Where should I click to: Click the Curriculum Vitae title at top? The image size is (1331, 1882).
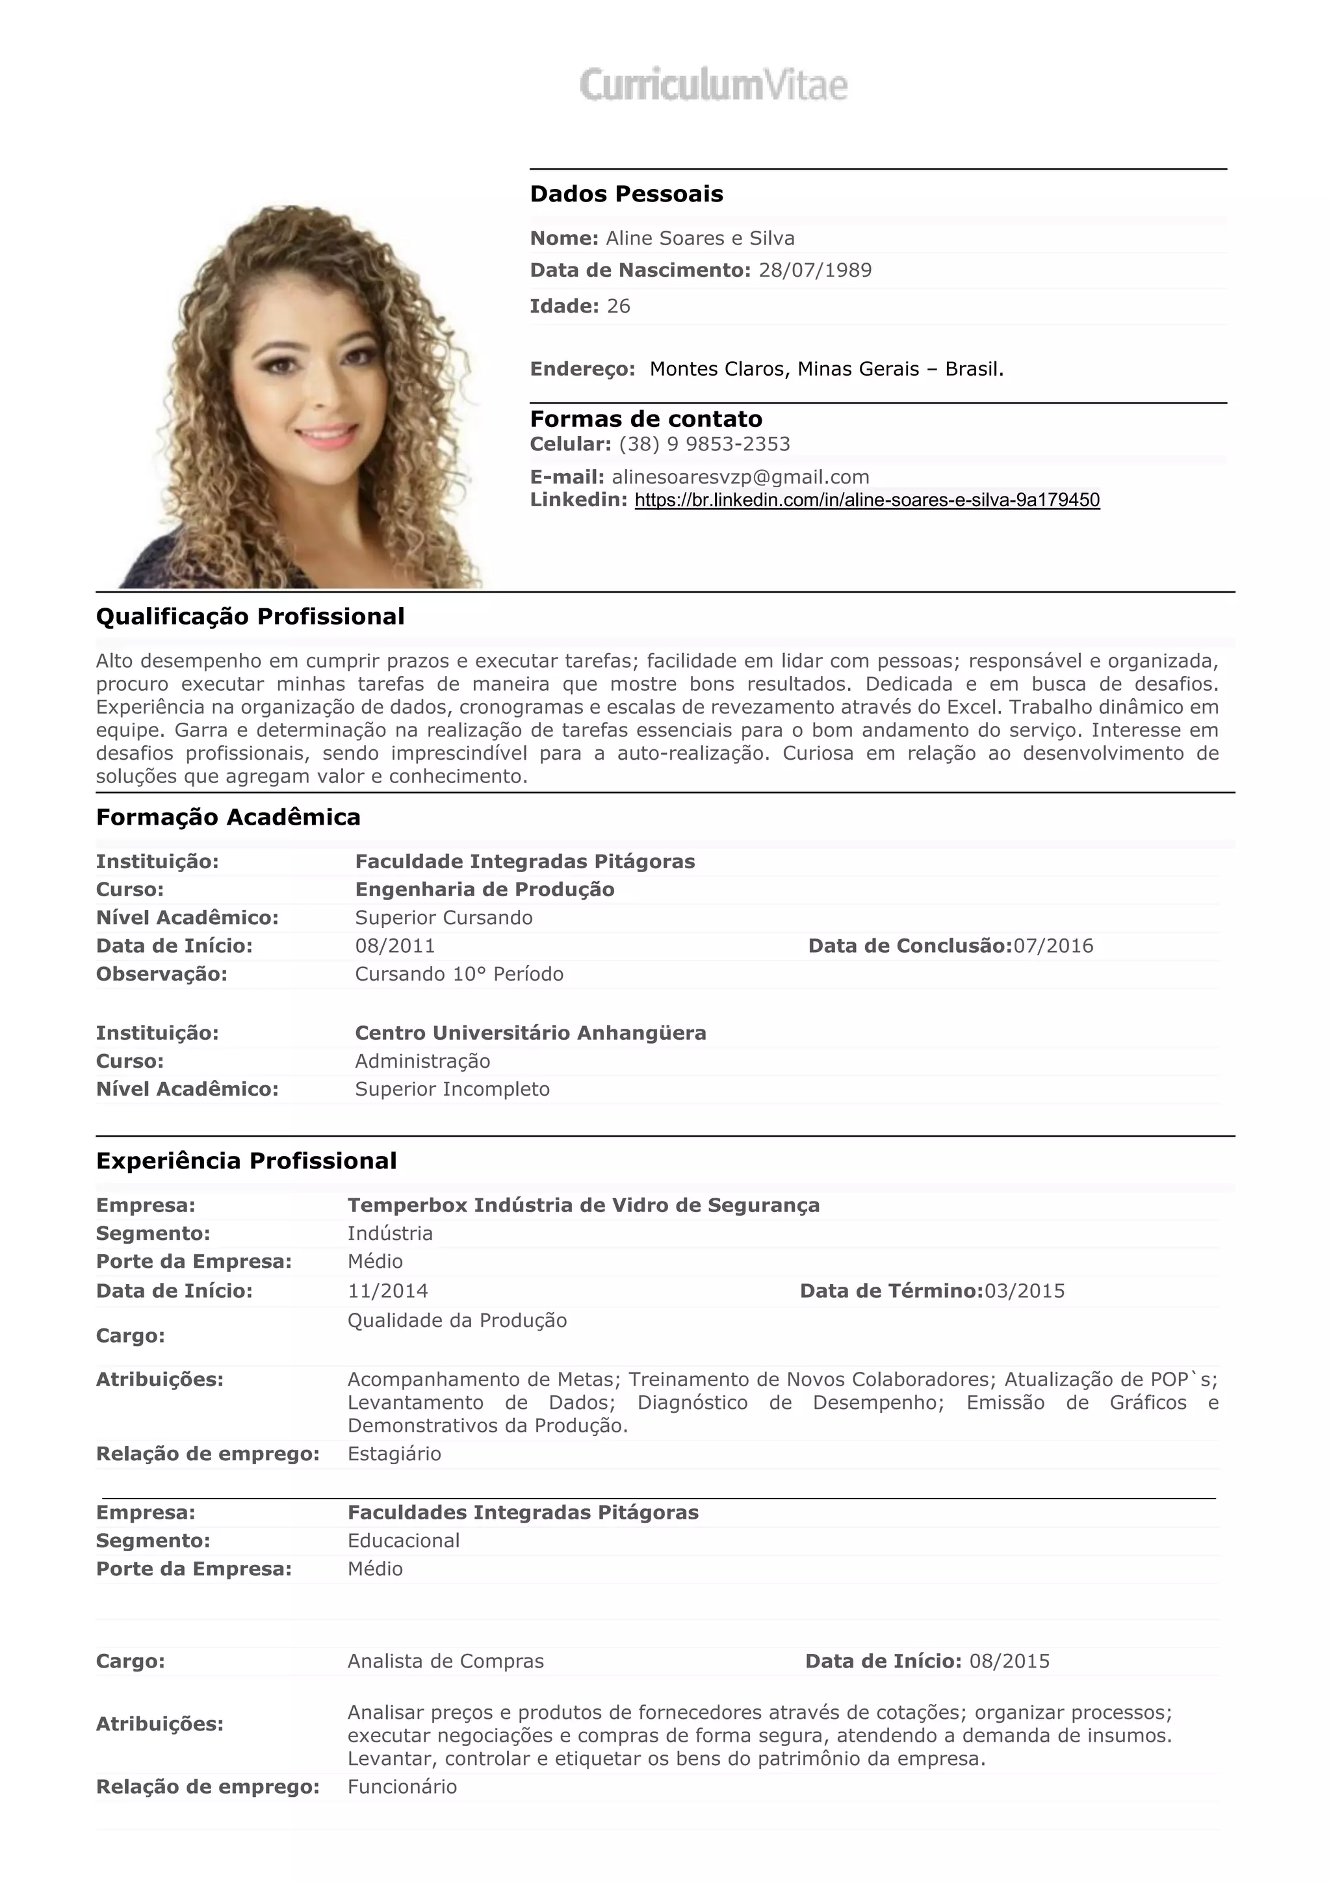click(713, 85)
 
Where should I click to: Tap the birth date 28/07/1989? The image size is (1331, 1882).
click(815, 270)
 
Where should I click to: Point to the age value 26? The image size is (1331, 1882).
click(618, 307)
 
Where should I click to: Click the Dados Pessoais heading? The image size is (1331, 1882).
click(626, 194)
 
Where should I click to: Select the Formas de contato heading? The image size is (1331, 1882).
click(646, 419)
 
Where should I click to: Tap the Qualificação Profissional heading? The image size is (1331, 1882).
click(250, 617)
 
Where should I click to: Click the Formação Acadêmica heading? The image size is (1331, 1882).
click(228, 818)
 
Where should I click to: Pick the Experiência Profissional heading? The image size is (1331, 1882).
click(246, 1161)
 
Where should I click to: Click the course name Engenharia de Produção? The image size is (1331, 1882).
click(484, 890)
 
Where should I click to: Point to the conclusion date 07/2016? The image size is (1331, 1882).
click(1053, 946)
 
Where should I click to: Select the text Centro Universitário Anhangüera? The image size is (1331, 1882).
click(530, 1033)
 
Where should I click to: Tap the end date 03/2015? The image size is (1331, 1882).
click(1024, 1291)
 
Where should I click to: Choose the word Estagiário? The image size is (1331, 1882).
click(394, 1453)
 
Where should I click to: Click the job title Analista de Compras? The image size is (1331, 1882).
click(445, 1660)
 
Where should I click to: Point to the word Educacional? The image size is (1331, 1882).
click(403, 1540)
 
